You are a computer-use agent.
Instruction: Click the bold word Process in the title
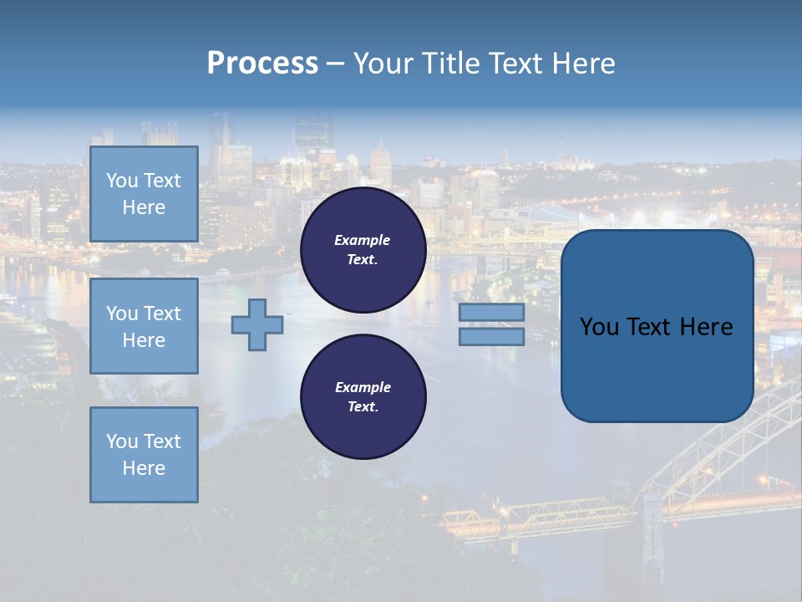(262, 64)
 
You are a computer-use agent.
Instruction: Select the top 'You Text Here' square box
(144, 194)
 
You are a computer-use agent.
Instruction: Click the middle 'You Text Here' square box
(144, 326)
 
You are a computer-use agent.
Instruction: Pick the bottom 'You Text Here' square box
(144, 455)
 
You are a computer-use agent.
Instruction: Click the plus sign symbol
(256, 324)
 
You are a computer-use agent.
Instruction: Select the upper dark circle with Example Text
(363, 250)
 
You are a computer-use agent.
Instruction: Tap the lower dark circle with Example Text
(363, 397)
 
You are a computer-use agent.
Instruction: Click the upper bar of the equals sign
(491, 313)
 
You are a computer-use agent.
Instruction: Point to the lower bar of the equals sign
(491, 336)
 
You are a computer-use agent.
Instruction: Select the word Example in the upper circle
(363, 240)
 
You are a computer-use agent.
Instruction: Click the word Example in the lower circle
(363, 387)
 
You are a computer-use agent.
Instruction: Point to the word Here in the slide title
(584, 64)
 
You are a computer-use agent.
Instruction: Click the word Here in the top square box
(144, 207)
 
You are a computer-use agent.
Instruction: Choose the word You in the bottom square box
(122, 441)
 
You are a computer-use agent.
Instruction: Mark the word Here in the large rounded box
(706, 327)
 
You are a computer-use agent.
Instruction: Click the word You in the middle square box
(122, 314)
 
